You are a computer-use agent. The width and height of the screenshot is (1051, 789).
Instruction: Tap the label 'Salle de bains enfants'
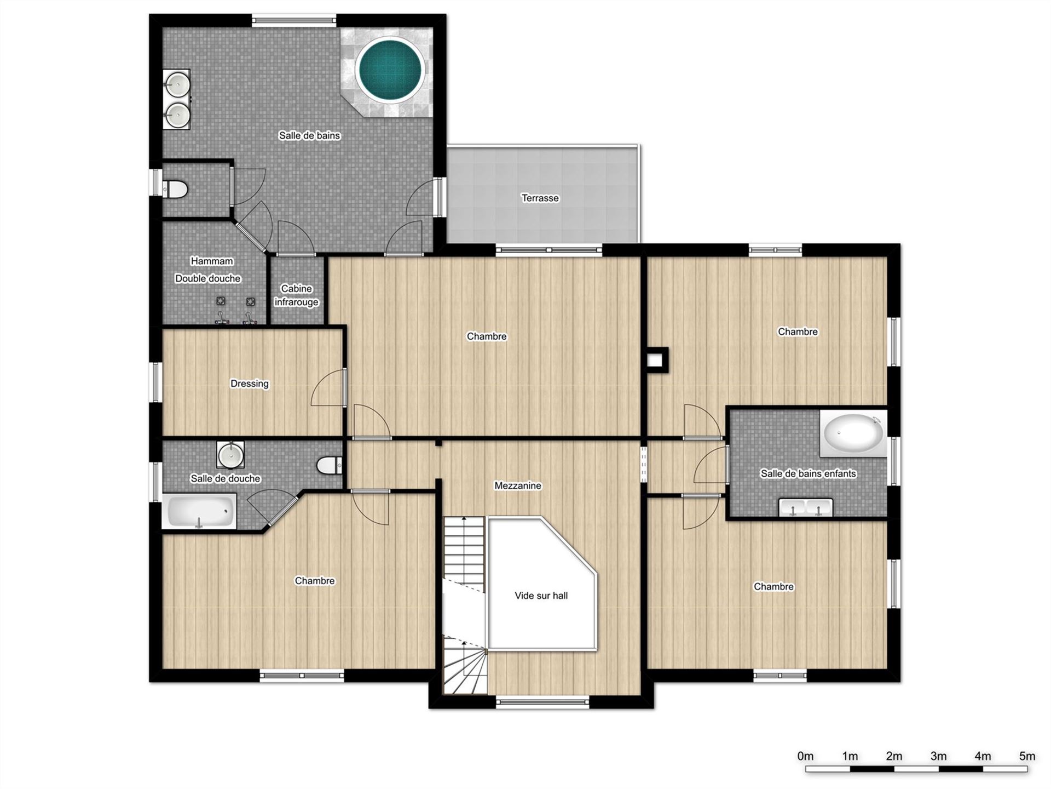[x=808, y=473]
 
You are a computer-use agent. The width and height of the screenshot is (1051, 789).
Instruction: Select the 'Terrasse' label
[x=540, y=198]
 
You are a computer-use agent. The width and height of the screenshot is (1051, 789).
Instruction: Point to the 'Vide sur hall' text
[x=541, y=596]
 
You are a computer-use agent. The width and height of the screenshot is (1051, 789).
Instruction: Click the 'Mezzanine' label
[x=518, y=485]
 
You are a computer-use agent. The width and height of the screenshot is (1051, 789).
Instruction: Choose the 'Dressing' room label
[x=250, y=384]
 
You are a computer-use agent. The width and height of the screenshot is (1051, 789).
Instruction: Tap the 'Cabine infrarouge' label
[x=296, y=295]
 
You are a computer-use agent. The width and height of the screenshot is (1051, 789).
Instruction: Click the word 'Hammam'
[x=212, y=261]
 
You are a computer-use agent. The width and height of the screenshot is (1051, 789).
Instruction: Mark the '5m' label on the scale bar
[x=1027, y=756]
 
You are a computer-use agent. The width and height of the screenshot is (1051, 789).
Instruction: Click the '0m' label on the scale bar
[x=805, y=756]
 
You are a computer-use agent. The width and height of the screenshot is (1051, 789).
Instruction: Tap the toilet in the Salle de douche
[x=330, y=465]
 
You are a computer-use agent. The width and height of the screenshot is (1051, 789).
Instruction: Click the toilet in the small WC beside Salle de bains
[x=175, y=189]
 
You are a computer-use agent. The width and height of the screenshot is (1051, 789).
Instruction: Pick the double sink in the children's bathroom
[x=806, y=507]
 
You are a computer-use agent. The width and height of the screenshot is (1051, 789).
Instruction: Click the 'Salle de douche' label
[x=225, y=478]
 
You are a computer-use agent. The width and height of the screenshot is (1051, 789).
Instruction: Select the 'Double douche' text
[x=208, y=278]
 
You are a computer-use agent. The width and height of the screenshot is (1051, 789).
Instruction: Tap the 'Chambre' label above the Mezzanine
[x=487, y=336]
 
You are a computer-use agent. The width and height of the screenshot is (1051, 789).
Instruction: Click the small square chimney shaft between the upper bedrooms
[x=656, y=360]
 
